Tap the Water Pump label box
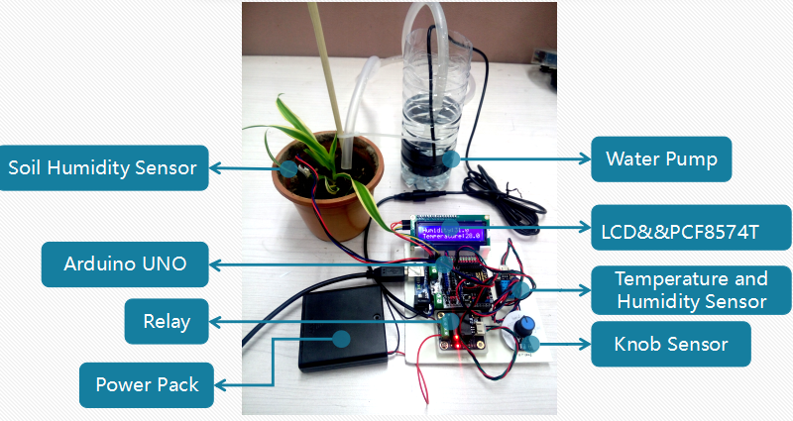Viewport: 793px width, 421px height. click(661, 158)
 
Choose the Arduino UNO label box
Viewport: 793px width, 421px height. click(125, 264)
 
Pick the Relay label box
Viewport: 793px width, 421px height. click(167, 321)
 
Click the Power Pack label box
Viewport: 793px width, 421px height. click(147, 384)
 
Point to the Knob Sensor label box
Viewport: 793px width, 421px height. click(671, 345)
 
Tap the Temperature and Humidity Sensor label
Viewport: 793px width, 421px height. click(691, 289)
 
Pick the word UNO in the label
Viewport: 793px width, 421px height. click(163, 264)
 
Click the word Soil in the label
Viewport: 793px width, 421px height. click(27, 167)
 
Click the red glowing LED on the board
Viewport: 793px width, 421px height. click(455, 342)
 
